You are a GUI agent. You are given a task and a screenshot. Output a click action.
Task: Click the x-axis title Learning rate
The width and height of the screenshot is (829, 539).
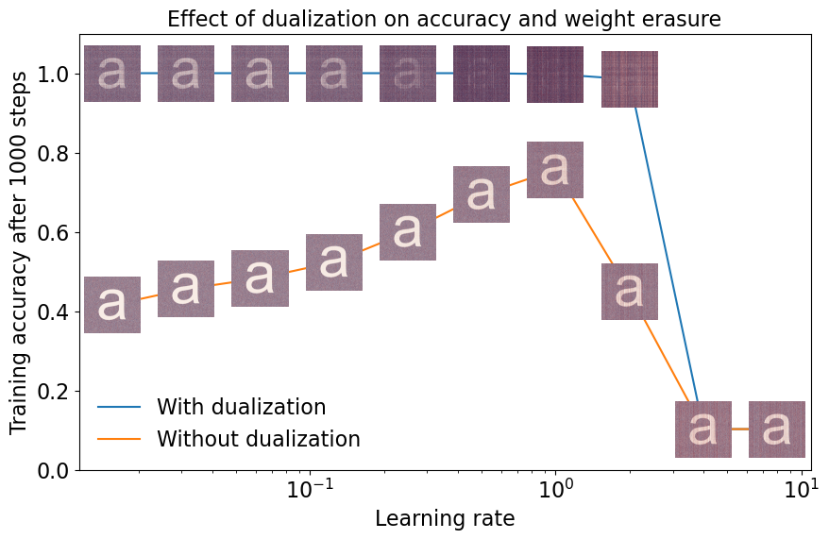tap(444, 518)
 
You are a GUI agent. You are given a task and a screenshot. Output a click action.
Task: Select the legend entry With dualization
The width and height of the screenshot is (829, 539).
tap(241, 408)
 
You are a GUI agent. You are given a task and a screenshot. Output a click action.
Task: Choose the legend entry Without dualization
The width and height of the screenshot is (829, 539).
tap(258, 439)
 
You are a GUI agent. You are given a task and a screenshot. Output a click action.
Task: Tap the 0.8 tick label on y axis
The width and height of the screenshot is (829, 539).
tap(54, 153)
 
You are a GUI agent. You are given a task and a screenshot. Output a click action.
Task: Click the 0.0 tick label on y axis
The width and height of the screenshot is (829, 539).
tap(54, 470)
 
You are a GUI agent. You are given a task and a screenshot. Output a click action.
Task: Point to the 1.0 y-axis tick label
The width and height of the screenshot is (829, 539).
tap(54, 74)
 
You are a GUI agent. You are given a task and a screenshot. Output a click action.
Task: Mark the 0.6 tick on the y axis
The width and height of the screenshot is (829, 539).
tap(54, 232)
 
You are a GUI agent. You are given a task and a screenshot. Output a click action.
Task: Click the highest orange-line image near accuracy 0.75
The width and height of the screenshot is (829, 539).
tap(555, 170)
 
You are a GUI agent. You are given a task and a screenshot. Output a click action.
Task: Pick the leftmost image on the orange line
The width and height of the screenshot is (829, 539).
tap(112, 305)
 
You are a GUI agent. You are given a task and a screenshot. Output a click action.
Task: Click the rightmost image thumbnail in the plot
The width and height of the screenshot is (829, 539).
tap(777, 430)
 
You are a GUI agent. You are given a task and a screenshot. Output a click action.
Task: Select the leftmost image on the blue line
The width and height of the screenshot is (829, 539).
tap(112, 74)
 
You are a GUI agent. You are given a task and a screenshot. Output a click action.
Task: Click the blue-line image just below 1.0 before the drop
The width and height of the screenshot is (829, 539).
tap(630, 79)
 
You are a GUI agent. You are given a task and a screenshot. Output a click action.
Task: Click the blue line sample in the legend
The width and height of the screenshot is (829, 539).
tap(119, 408)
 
